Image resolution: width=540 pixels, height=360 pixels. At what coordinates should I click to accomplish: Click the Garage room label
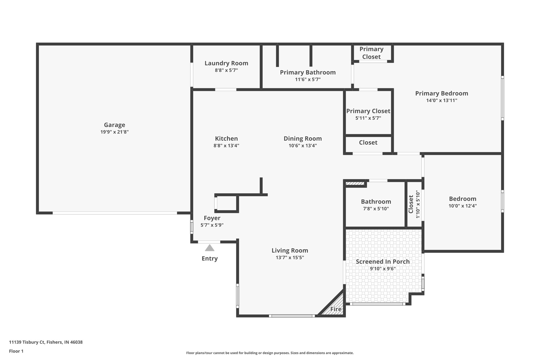(114, 125)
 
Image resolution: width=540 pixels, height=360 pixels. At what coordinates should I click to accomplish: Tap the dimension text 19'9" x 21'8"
(114, 132)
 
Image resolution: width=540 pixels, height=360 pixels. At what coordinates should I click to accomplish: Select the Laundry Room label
(226, 63)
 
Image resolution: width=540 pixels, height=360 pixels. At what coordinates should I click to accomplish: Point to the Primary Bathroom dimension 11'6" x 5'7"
(308, 79)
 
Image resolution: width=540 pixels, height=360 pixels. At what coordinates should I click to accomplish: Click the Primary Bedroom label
(442, 93)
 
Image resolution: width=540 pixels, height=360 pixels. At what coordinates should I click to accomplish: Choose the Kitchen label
(226, 138)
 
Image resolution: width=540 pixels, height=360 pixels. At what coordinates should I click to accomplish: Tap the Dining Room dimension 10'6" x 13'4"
(303, 146)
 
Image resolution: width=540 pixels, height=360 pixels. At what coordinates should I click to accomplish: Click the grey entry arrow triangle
(210, 248)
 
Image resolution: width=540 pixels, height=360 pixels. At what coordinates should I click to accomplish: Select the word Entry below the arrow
(210, 258)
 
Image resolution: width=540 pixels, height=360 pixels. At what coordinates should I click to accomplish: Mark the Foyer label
(212, 218)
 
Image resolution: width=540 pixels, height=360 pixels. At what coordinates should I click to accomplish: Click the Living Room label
(290, 250)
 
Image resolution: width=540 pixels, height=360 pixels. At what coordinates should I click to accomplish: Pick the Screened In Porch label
(383, 262)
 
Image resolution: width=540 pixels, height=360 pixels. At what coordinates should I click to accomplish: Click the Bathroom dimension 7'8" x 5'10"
(376, 209)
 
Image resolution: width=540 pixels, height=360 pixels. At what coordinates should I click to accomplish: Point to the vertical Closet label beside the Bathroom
(411, 204)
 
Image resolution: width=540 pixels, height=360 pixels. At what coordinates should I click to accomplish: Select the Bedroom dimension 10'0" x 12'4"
(462, 206)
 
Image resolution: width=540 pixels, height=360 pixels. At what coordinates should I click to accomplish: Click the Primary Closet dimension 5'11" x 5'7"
(368, 118)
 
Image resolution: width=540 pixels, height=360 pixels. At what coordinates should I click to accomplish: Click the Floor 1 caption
(16, 351)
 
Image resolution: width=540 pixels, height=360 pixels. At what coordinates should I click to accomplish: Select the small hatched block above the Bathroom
(355, 183)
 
